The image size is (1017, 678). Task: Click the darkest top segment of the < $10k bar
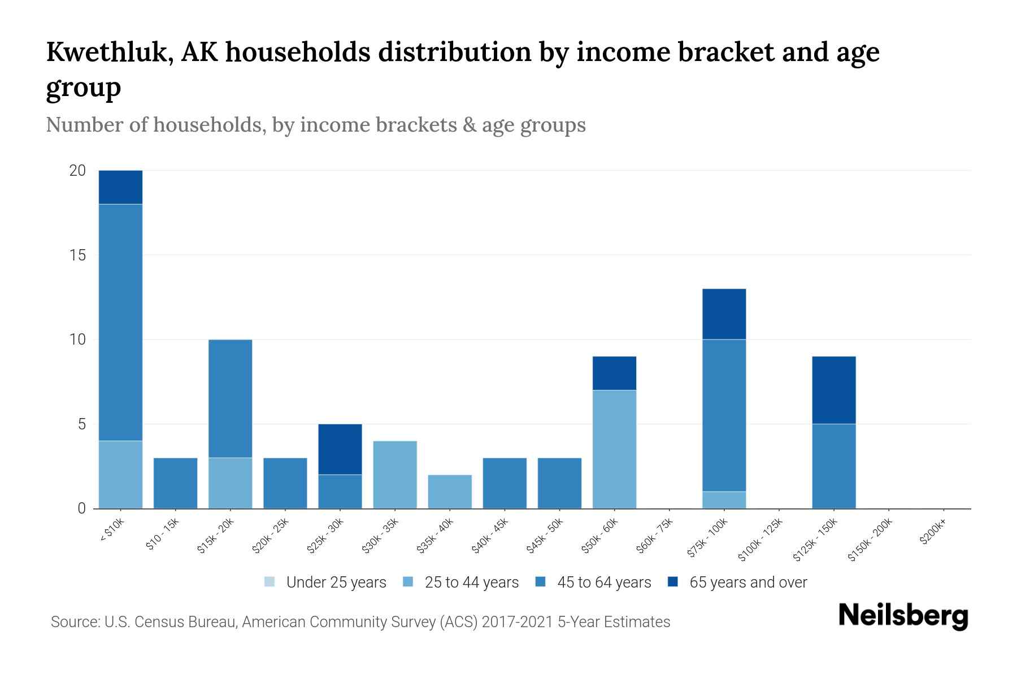[120, 187]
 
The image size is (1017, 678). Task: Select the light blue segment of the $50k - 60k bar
[614, 449]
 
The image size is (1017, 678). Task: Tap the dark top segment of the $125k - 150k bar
[834, 390]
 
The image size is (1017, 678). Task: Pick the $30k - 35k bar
[395, 475]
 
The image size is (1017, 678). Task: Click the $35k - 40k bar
[450, 492]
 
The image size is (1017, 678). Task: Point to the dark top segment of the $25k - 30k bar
[340, 449]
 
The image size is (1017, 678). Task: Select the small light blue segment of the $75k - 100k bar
[724, 500]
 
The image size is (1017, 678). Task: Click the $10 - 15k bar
[175, 483]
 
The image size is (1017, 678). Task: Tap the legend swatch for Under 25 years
[270, 582]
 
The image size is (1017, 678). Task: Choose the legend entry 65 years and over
[748, 583]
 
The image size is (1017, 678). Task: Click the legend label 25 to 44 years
[471, 583]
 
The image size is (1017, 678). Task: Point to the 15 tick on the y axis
[77, 255]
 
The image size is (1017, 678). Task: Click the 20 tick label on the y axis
[77, 171]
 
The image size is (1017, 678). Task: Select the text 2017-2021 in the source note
[518, 622]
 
